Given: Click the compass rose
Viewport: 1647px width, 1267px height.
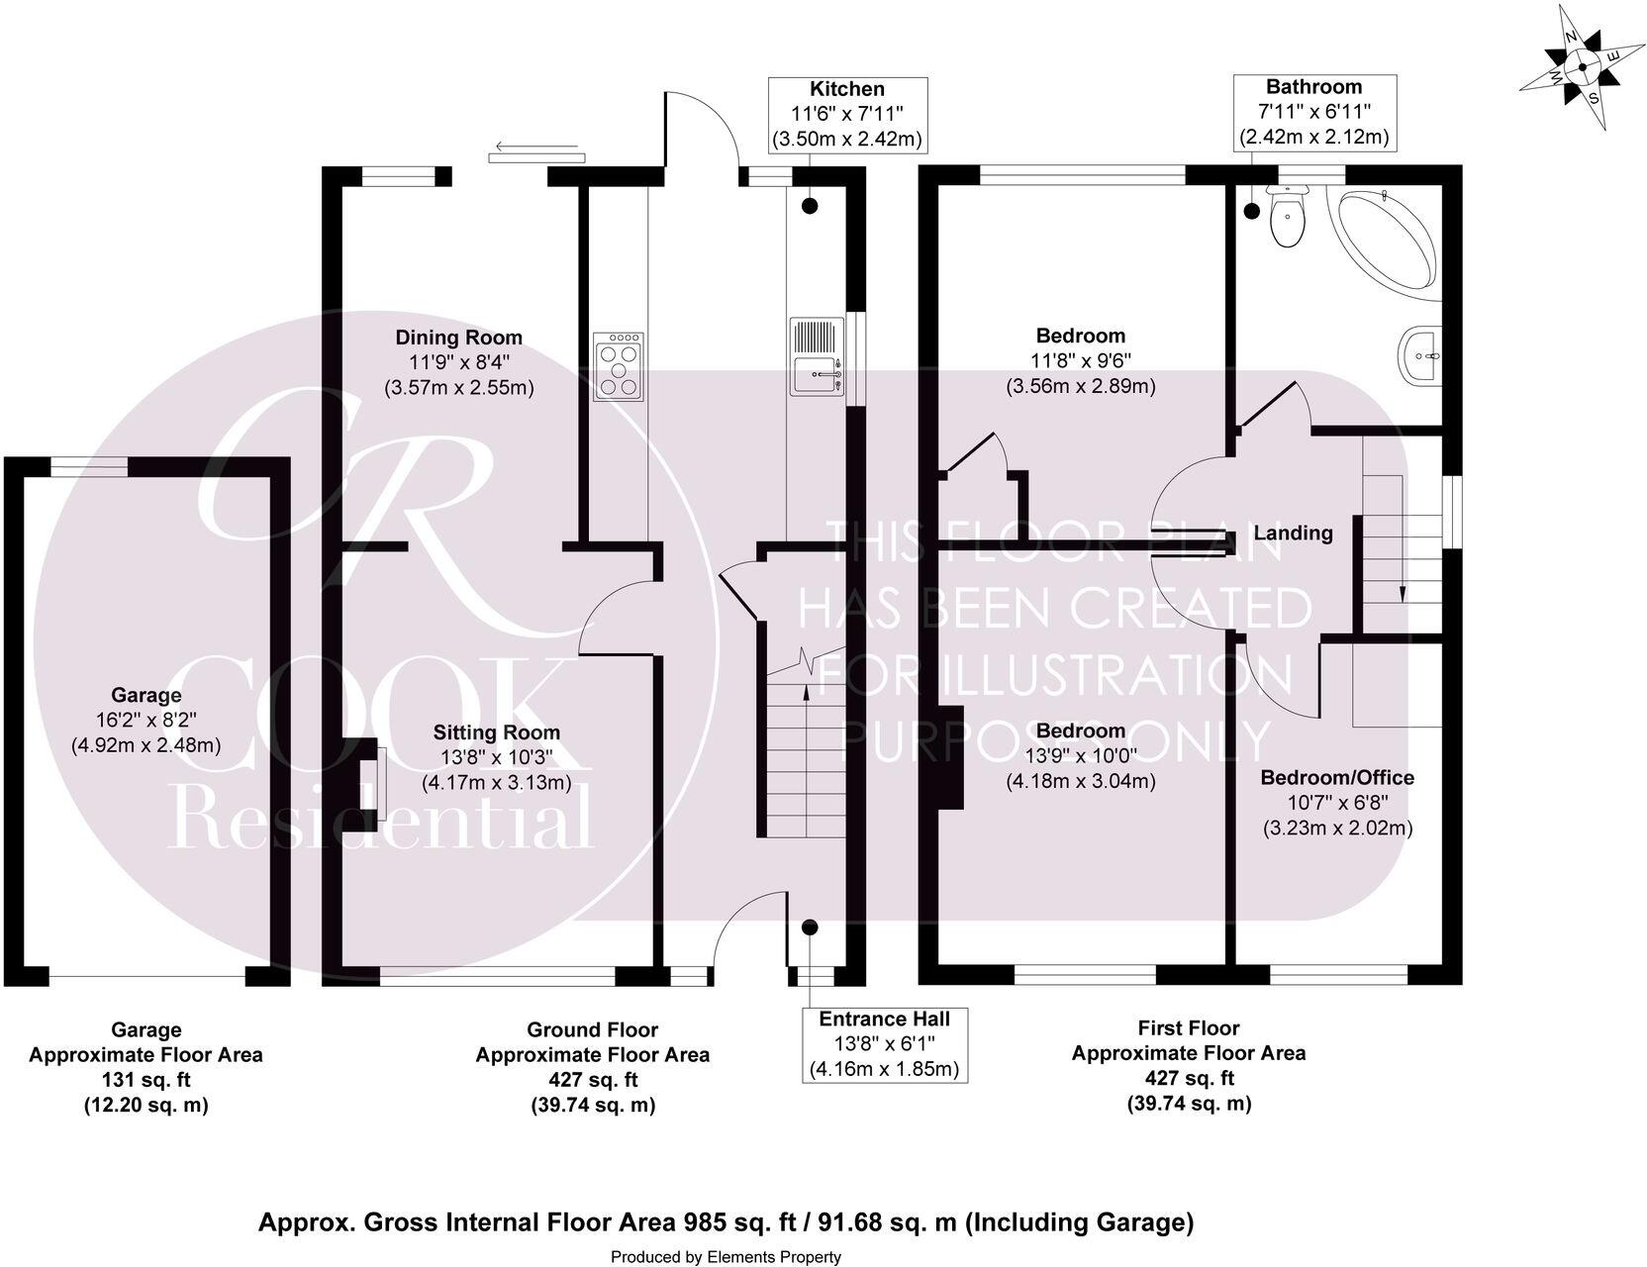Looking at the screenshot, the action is (x=1581, y=67).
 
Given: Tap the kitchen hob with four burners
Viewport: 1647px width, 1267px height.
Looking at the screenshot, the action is (x=619, y=366).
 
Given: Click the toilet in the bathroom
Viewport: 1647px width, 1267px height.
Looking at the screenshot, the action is (x=1287, y=215).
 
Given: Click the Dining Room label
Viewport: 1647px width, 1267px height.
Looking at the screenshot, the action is (x=458, y=338).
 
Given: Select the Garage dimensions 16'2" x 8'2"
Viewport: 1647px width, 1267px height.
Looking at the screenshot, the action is (x=145, y=720).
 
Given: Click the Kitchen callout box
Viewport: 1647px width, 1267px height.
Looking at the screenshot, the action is (x=847, y=115).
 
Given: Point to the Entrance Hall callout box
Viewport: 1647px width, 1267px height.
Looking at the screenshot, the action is (x=884, y=1044).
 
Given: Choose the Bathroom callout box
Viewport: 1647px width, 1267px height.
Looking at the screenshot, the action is (x=1313, y=113).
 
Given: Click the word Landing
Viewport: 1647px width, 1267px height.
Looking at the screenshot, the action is (x=1293, y=534).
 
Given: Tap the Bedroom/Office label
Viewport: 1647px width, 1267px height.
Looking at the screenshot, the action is (x=1336, y=778).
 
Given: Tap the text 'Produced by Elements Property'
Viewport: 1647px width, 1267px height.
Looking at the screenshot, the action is (x=726, y=1257).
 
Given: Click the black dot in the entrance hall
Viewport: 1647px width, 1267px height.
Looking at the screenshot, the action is (x=810, y=927).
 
